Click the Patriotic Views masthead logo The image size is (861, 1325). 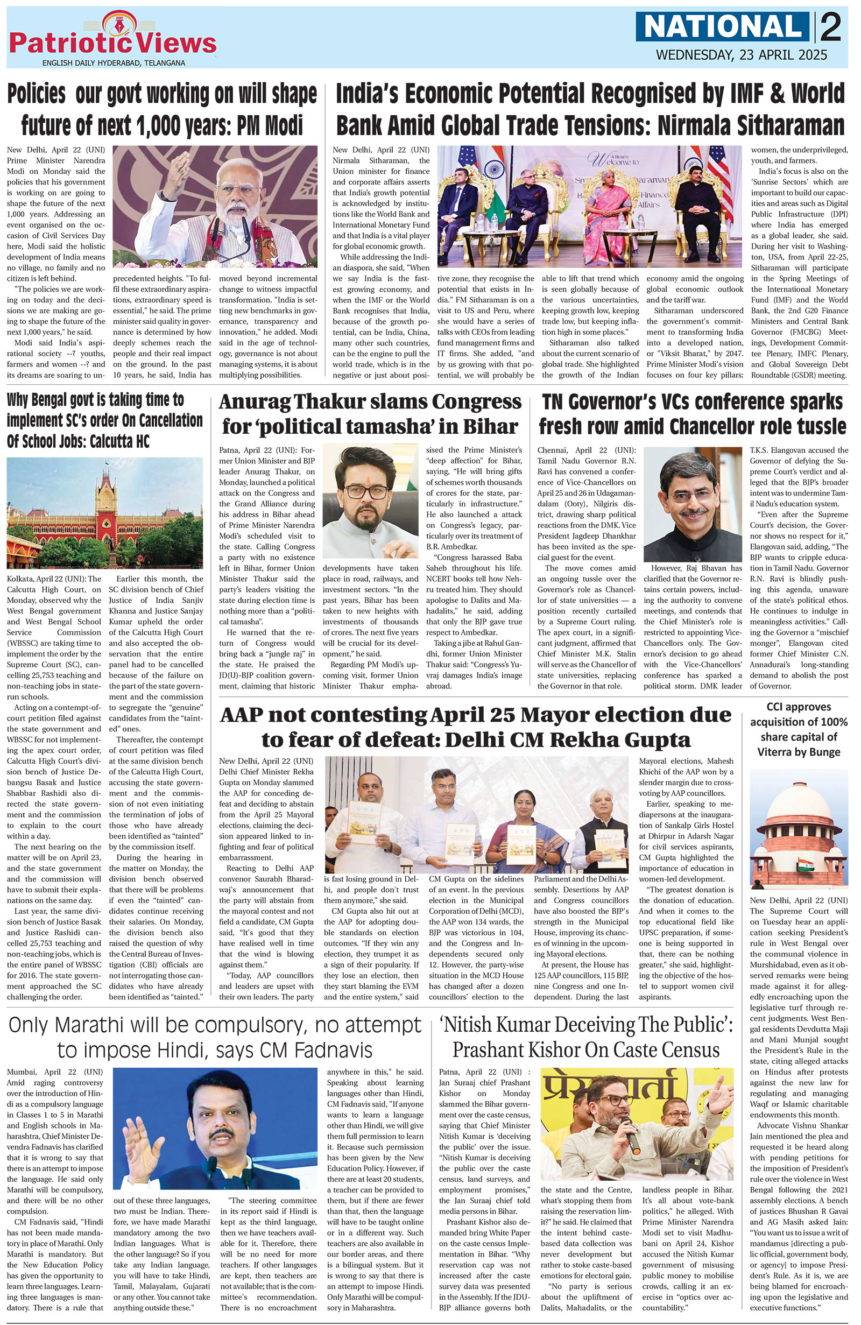112,40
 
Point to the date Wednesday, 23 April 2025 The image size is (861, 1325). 741,55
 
